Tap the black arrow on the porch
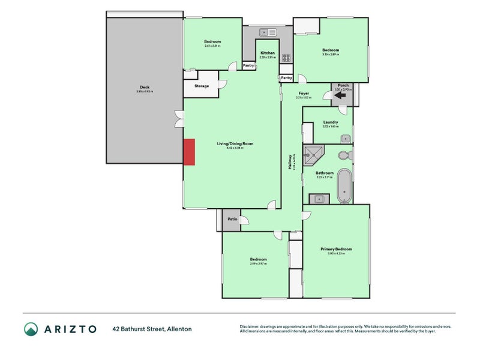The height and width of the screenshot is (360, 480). (340, 94)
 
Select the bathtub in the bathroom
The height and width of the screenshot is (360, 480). (344, 187)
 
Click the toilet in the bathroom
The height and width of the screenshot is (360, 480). (344, 155)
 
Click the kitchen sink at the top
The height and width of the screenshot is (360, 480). (267, 32)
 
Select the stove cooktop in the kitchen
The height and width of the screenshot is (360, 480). (286, 59)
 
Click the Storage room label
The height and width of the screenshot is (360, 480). (202, 86)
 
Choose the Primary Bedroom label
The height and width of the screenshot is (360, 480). (336, 249)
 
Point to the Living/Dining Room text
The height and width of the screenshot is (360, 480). (231, 143)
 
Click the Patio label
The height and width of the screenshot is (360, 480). (232, 220)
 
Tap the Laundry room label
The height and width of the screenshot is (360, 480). (331, 122)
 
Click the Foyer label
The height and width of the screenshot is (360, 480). (304, 94)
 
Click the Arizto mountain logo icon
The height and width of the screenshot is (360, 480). (31, 329)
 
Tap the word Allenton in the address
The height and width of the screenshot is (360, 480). (179, 329)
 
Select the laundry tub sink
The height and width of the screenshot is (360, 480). (345, 139)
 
